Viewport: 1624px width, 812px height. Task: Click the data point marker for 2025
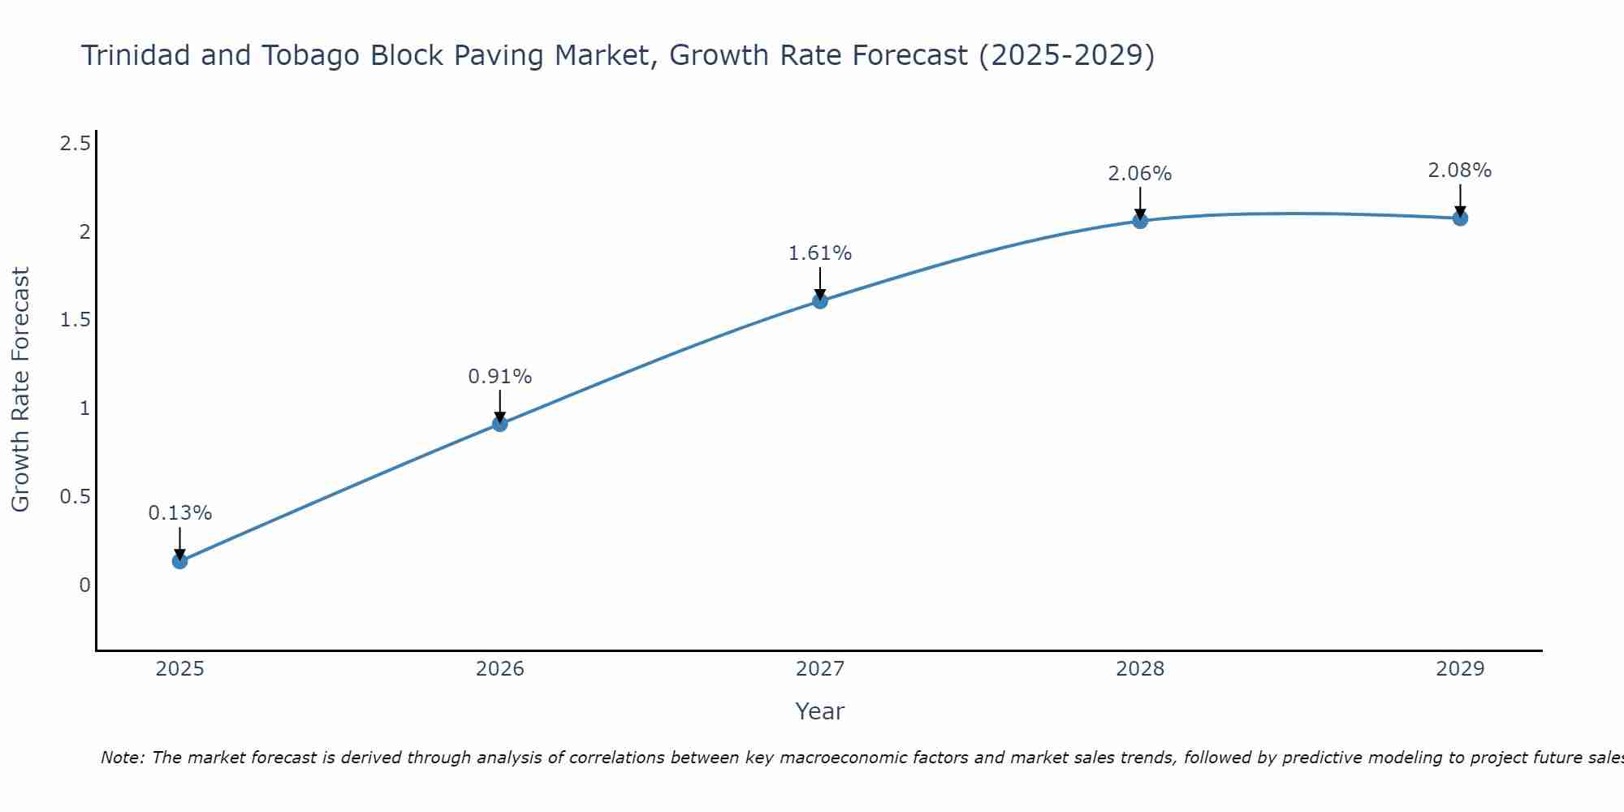click(x=180, y=561)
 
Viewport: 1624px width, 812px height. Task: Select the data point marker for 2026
click(x=500, y=424)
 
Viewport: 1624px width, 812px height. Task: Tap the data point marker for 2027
click(x=820, y=301)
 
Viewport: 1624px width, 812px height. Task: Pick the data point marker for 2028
click(x=1140, y=221)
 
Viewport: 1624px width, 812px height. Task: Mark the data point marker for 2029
click(x=1460, y=218)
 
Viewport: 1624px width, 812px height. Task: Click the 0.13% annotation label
click(x=180, y=513)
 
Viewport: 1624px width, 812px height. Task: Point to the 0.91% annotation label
click(x=500, y=377)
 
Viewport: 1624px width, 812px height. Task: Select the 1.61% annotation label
click(x=820, y=253)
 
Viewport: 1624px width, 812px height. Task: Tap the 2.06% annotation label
click(x=1140, y=174)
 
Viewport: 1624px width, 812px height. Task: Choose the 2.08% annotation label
click(x=1460, y=171)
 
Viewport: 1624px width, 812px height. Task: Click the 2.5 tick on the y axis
click(x=75, y=145)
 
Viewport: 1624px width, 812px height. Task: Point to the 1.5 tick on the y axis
click(x=75, y=321)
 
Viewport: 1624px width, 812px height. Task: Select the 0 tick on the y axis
click(x=84, y=585)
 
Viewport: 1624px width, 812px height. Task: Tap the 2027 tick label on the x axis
click(x=820, y=669)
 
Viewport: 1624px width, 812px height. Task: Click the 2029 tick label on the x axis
click(x=1460, y=669)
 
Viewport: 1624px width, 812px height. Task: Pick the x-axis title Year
click(x=820, y=712)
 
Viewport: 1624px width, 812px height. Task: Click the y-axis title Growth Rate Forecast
click(x=21, y=390)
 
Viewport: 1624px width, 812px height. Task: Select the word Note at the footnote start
click(x=122, y=758)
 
